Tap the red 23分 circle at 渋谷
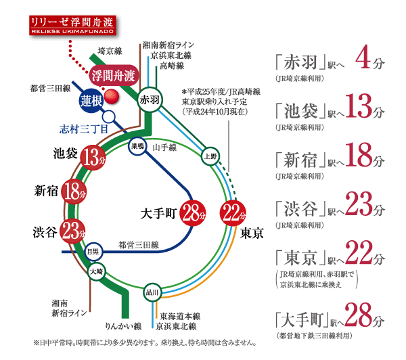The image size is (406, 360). pyautogui.click(x=70, y=231)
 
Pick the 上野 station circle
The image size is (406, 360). pyautogui.click(x=211, y=155)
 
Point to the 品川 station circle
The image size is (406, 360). pyautogui.click(x=152, y=292)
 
